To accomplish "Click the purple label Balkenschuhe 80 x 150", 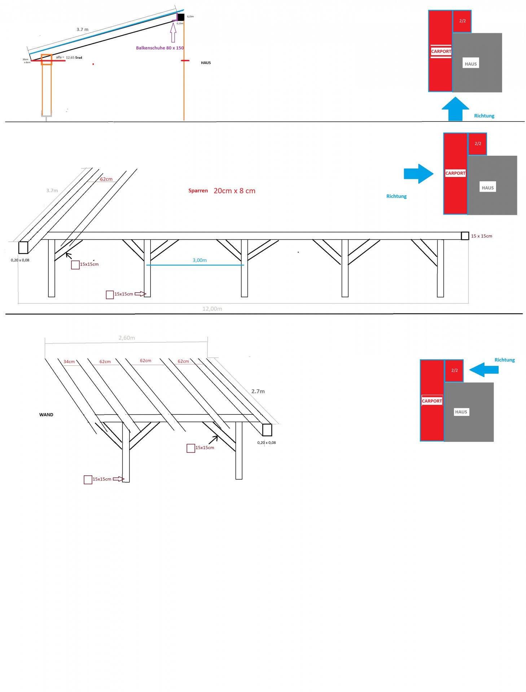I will pyautogui.click(x=159, y=48).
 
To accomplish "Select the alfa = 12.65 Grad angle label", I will pyautogui.click(x=69, y=57).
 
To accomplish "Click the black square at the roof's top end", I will pyautogui.click(x=181, y=17).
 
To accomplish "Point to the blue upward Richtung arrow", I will pyautogui.click(x=455, y=108).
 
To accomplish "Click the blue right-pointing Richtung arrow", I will pyautogui.click(x=418, y=174).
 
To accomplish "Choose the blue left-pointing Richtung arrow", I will pyautogui.click(x=484, y=370).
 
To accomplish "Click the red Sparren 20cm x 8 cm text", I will pyautogui.click(x=222, y=191).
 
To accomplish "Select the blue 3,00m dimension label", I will pyautogui.click(x=200, y=260).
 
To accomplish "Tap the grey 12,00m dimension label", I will pyautogui.click(x=212, y=309).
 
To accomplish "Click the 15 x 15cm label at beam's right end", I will pyautogui.click(x=481, y=236).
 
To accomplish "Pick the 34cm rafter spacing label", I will pyautogui.click(x=69, y=361).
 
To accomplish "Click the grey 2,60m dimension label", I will pyautogui.click(x=127, y=338).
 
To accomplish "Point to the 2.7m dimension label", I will pyautogui.click(x=258, y=391).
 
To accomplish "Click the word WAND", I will pyautogui.click(x=46, y=415).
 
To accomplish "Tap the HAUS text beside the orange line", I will pyautogui.click(x=206, y=63).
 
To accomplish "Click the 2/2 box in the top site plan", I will pyautogui.click(x=462, y=21).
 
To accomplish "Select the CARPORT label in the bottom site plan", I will pyautogui.click(x=432, y=401).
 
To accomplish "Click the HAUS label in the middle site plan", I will pyautogui.click(x=487, y=188).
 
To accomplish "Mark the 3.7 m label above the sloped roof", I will pyautogui.click(x=82, y=30).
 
